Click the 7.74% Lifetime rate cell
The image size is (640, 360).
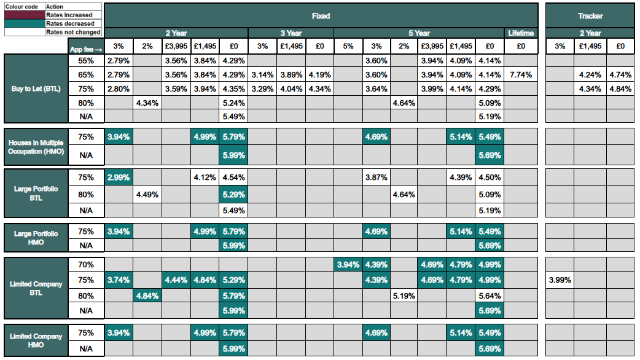[521, 75]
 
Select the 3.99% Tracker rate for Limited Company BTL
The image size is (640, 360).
[560, 280]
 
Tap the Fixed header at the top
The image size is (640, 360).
[321, 16]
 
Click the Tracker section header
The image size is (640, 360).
[590, 16]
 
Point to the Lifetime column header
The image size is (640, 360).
[521, 33]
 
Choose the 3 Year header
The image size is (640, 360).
[291, 33]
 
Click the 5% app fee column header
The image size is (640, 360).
[348, 46]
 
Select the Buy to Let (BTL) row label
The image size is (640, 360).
[34, 88]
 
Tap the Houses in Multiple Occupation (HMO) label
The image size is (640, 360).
[36, 147]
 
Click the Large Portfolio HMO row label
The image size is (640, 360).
[36, 238]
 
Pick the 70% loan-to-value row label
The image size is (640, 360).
[86, 265]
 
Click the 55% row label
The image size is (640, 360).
[86, 61]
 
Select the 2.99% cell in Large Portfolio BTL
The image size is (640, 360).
[118, 178]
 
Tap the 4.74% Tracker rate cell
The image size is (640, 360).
[620, 75]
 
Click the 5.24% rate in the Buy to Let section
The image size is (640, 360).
[233, 103]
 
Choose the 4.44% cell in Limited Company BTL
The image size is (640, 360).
[176, 280]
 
